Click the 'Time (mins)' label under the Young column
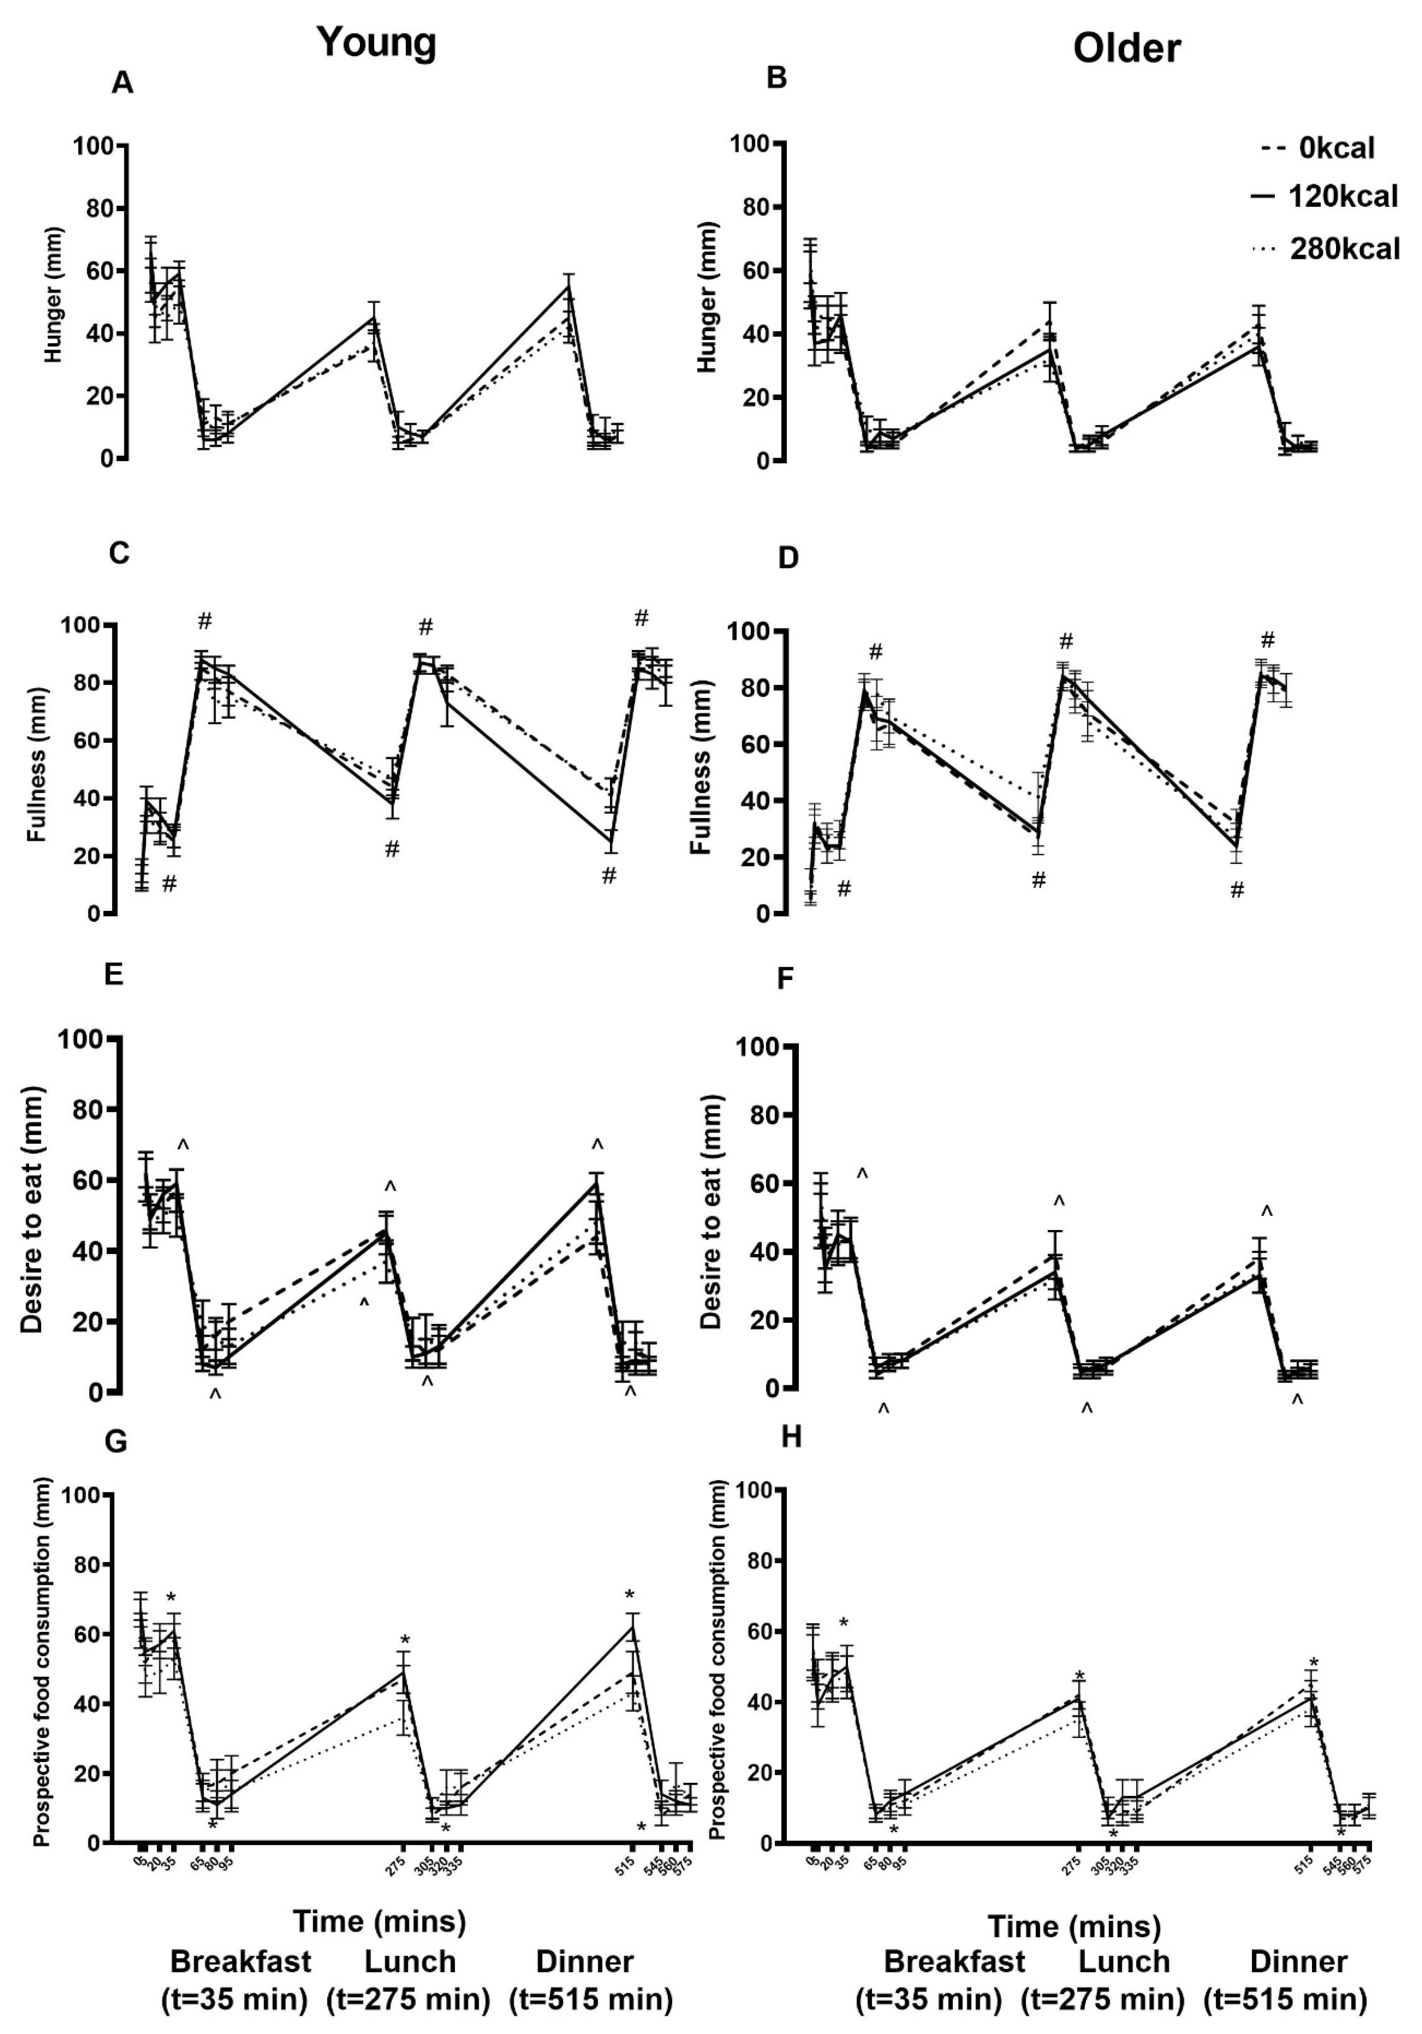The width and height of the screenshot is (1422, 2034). (x=379, y=1922)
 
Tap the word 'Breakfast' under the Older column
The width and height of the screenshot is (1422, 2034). (x=954, y=1961)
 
